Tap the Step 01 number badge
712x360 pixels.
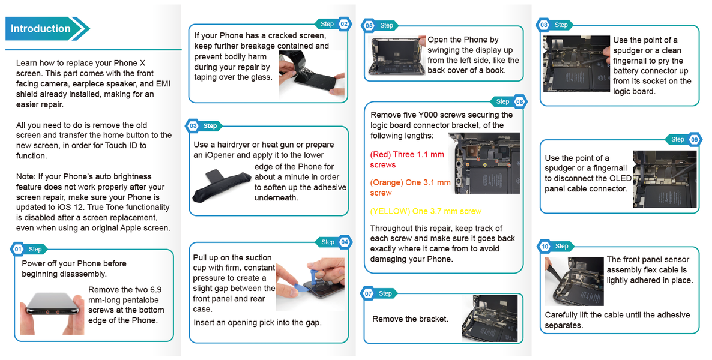17,249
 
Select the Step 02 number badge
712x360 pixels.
344,24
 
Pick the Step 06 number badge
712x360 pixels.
519,101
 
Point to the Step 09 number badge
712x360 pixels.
695,139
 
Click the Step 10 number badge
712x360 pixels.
545,246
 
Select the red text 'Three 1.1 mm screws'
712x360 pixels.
407,160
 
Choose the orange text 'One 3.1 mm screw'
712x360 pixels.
411,187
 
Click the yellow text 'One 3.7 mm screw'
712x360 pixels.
426,211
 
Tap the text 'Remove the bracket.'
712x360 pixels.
410,319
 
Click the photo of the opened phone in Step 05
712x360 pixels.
397,56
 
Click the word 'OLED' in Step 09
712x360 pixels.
621,178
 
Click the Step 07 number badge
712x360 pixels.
368,294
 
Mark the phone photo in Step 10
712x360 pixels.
575,281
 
